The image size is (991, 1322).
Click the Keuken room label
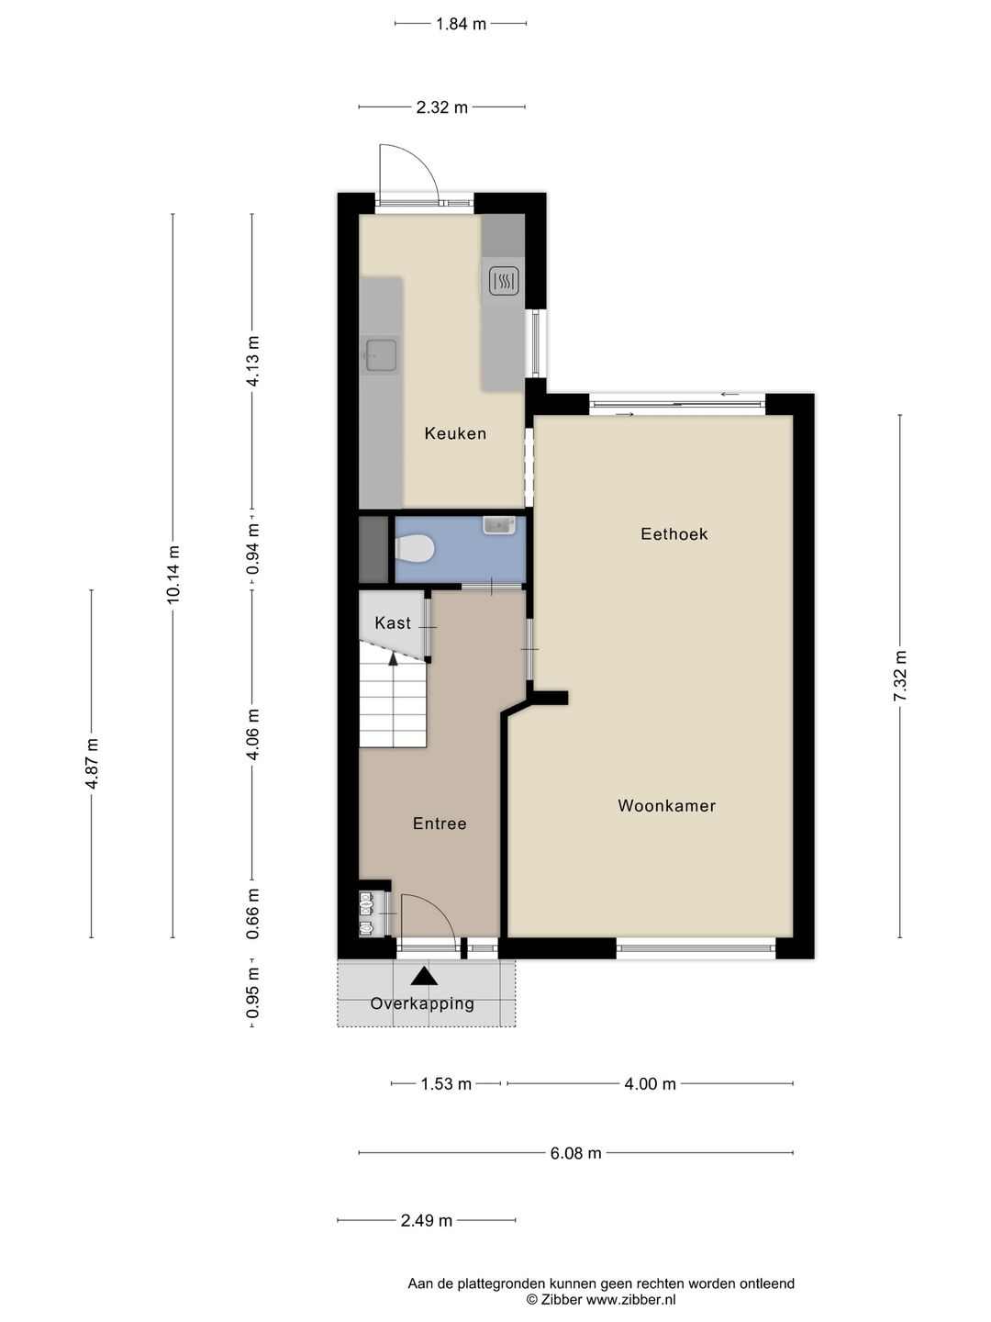(455, 433)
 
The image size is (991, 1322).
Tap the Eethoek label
(674, 533)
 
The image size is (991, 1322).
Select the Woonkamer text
(667, 805)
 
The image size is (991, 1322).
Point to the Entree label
(440, 823)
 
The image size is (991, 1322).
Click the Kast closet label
(393, 622)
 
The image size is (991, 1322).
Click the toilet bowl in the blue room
(414, 549)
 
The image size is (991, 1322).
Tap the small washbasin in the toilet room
(499, 524)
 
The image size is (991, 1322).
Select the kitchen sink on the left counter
(382, 354)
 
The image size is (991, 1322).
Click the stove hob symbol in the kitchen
(504, 281)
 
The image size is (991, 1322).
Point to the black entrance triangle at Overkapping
(424, 976)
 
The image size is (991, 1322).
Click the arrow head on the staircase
(393, 658)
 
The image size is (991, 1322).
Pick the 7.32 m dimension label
(899, 676)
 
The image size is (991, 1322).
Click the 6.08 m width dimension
(576, 1153)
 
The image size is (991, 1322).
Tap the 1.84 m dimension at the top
(461, 24)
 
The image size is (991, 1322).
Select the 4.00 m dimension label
(650, 1084)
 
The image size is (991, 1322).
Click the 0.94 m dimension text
(252, 549)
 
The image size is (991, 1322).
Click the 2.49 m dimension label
(426, 1221)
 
